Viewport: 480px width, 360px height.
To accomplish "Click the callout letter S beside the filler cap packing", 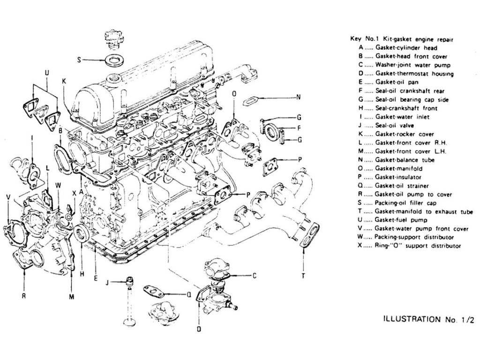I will tap(79, 60).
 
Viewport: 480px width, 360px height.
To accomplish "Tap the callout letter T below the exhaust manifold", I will tap(304, 276).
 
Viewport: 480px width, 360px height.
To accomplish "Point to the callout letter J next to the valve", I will tap(107, 282).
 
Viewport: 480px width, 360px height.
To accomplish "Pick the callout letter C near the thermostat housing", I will tap(254, 276).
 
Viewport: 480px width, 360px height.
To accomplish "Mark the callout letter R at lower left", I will tap(23, 296).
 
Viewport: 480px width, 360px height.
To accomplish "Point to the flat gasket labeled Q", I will tap(154, 292).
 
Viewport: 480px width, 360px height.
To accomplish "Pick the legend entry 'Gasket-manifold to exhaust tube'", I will tap(412, 211).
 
